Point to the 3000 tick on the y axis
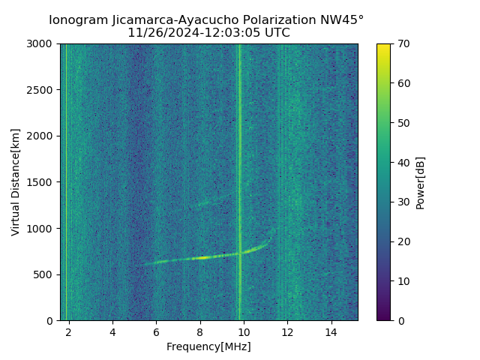[x=42, y=44]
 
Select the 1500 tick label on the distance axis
[x=42, y=182]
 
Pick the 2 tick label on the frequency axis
[x=69, y=331]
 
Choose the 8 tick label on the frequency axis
[x=200, y=331]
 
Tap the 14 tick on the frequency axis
[x=331, y=331]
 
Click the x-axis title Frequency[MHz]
[x=208, y=346]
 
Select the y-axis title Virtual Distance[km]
[x=16, y=182]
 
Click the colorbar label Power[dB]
[x=421, y=182]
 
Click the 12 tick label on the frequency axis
[x=287, y=331]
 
